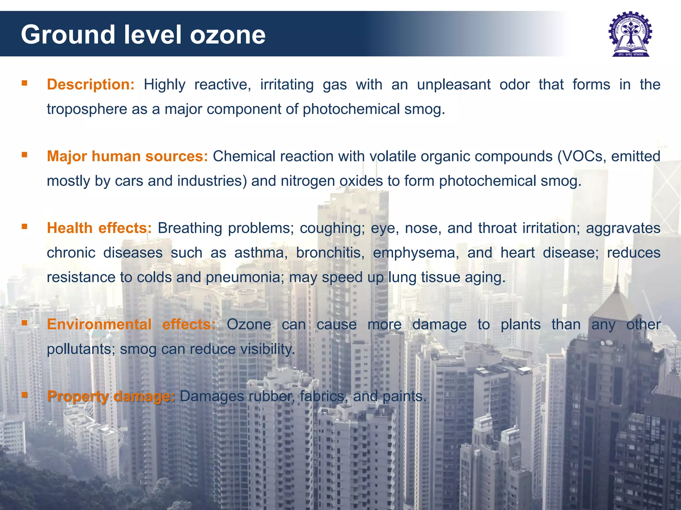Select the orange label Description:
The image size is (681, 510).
point(90,85)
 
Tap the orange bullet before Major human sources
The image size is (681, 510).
point(24,155)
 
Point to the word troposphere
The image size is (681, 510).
point(87,109)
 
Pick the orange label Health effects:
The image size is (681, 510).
point(99,228)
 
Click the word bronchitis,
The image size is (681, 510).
point(330,253)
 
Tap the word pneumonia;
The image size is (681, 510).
point(245,278)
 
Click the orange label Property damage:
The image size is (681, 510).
point(111,396)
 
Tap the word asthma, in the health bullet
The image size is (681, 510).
point(261,253)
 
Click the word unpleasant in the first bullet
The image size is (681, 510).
point(454,85)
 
